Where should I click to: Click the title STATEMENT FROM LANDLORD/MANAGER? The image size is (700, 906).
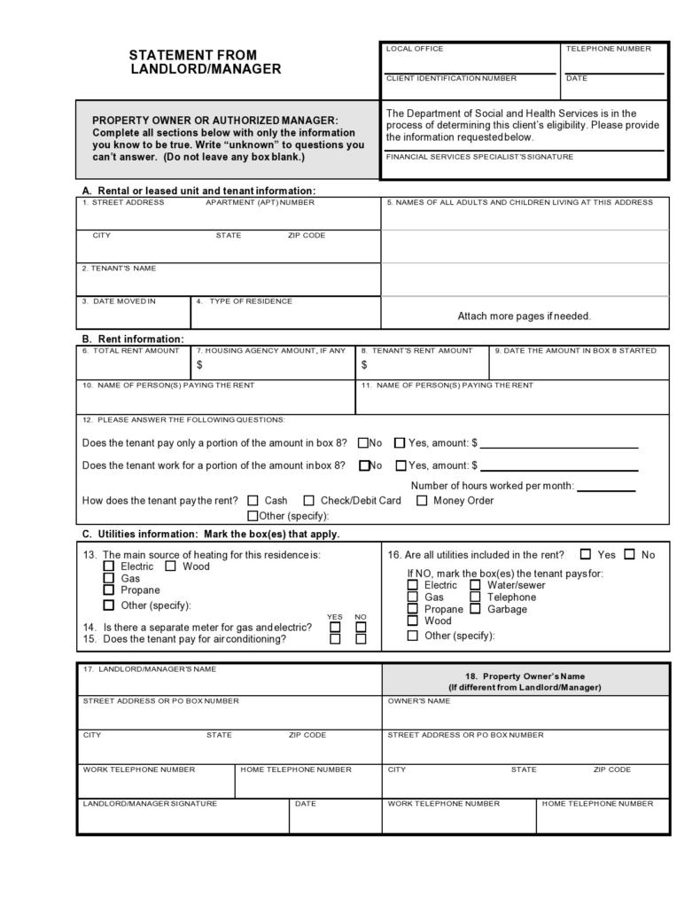206,62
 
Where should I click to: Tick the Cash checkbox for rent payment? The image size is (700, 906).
253,501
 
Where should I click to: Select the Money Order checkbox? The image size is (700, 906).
422,501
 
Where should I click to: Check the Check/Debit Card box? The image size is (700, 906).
309,501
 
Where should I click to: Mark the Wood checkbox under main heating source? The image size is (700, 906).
170,566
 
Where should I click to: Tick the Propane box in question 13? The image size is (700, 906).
109,590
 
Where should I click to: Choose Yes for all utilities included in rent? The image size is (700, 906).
586,555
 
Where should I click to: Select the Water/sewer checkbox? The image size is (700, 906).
475,585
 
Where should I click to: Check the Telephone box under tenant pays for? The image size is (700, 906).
475,597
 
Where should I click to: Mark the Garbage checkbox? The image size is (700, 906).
475,609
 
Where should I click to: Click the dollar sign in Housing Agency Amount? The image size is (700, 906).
199,365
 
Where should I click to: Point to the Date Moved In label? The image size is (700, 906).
119,301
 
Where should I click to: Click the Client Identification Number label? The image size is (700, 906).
451,79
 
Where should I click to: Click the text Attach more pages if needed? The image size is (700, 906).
524,316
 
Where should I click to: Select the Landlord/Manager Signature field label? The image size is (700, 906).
150,804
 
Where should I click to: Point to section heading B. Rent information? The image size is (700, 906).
133,339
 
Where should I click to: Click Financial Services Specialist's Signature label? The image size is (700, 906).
479,157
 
